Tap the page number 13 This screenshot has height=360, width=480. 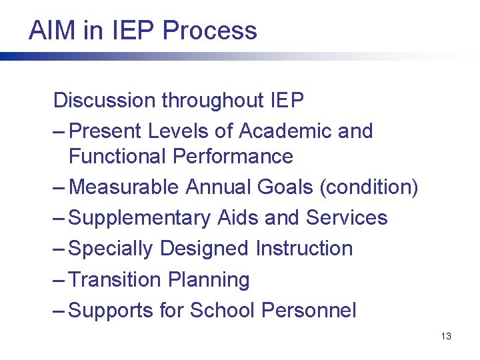446,336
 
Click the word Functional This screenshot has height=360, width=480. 117,157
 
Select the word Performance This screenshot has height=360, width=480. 233,157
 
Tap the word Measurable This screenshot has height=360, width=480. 124,187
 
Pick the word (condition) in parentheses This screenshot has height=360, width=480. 369,187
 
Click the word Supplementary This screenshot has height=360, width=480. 139,218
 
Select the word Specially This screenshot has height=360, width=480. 111,249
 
